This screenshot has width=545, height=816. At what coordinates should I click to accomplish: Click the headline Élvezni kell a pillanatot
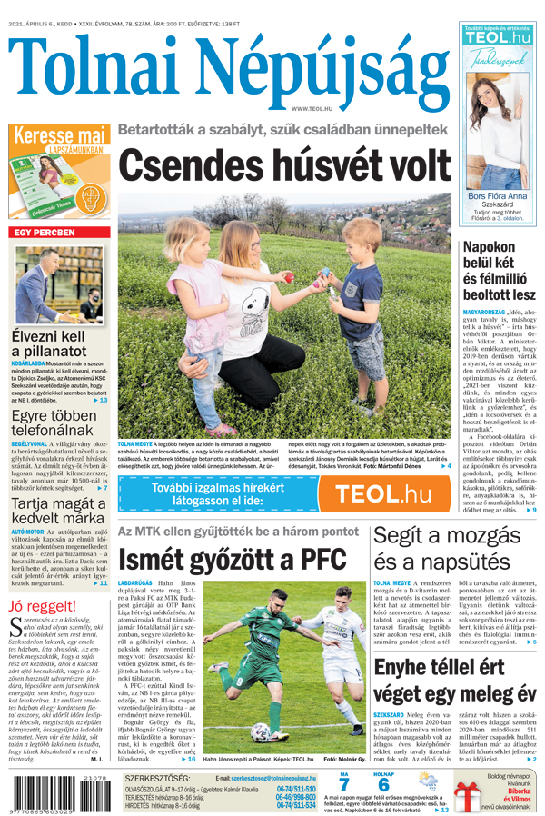[51, 344]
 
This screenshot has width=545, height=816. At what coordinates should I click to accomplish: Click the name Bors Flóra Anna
[497, 196]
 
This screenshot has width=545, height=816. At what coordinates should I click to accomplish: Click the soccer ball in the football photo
[260, 732]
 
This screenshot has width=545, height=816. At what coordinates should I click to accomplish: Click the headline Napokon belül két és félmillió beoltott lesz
[500, 270]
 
